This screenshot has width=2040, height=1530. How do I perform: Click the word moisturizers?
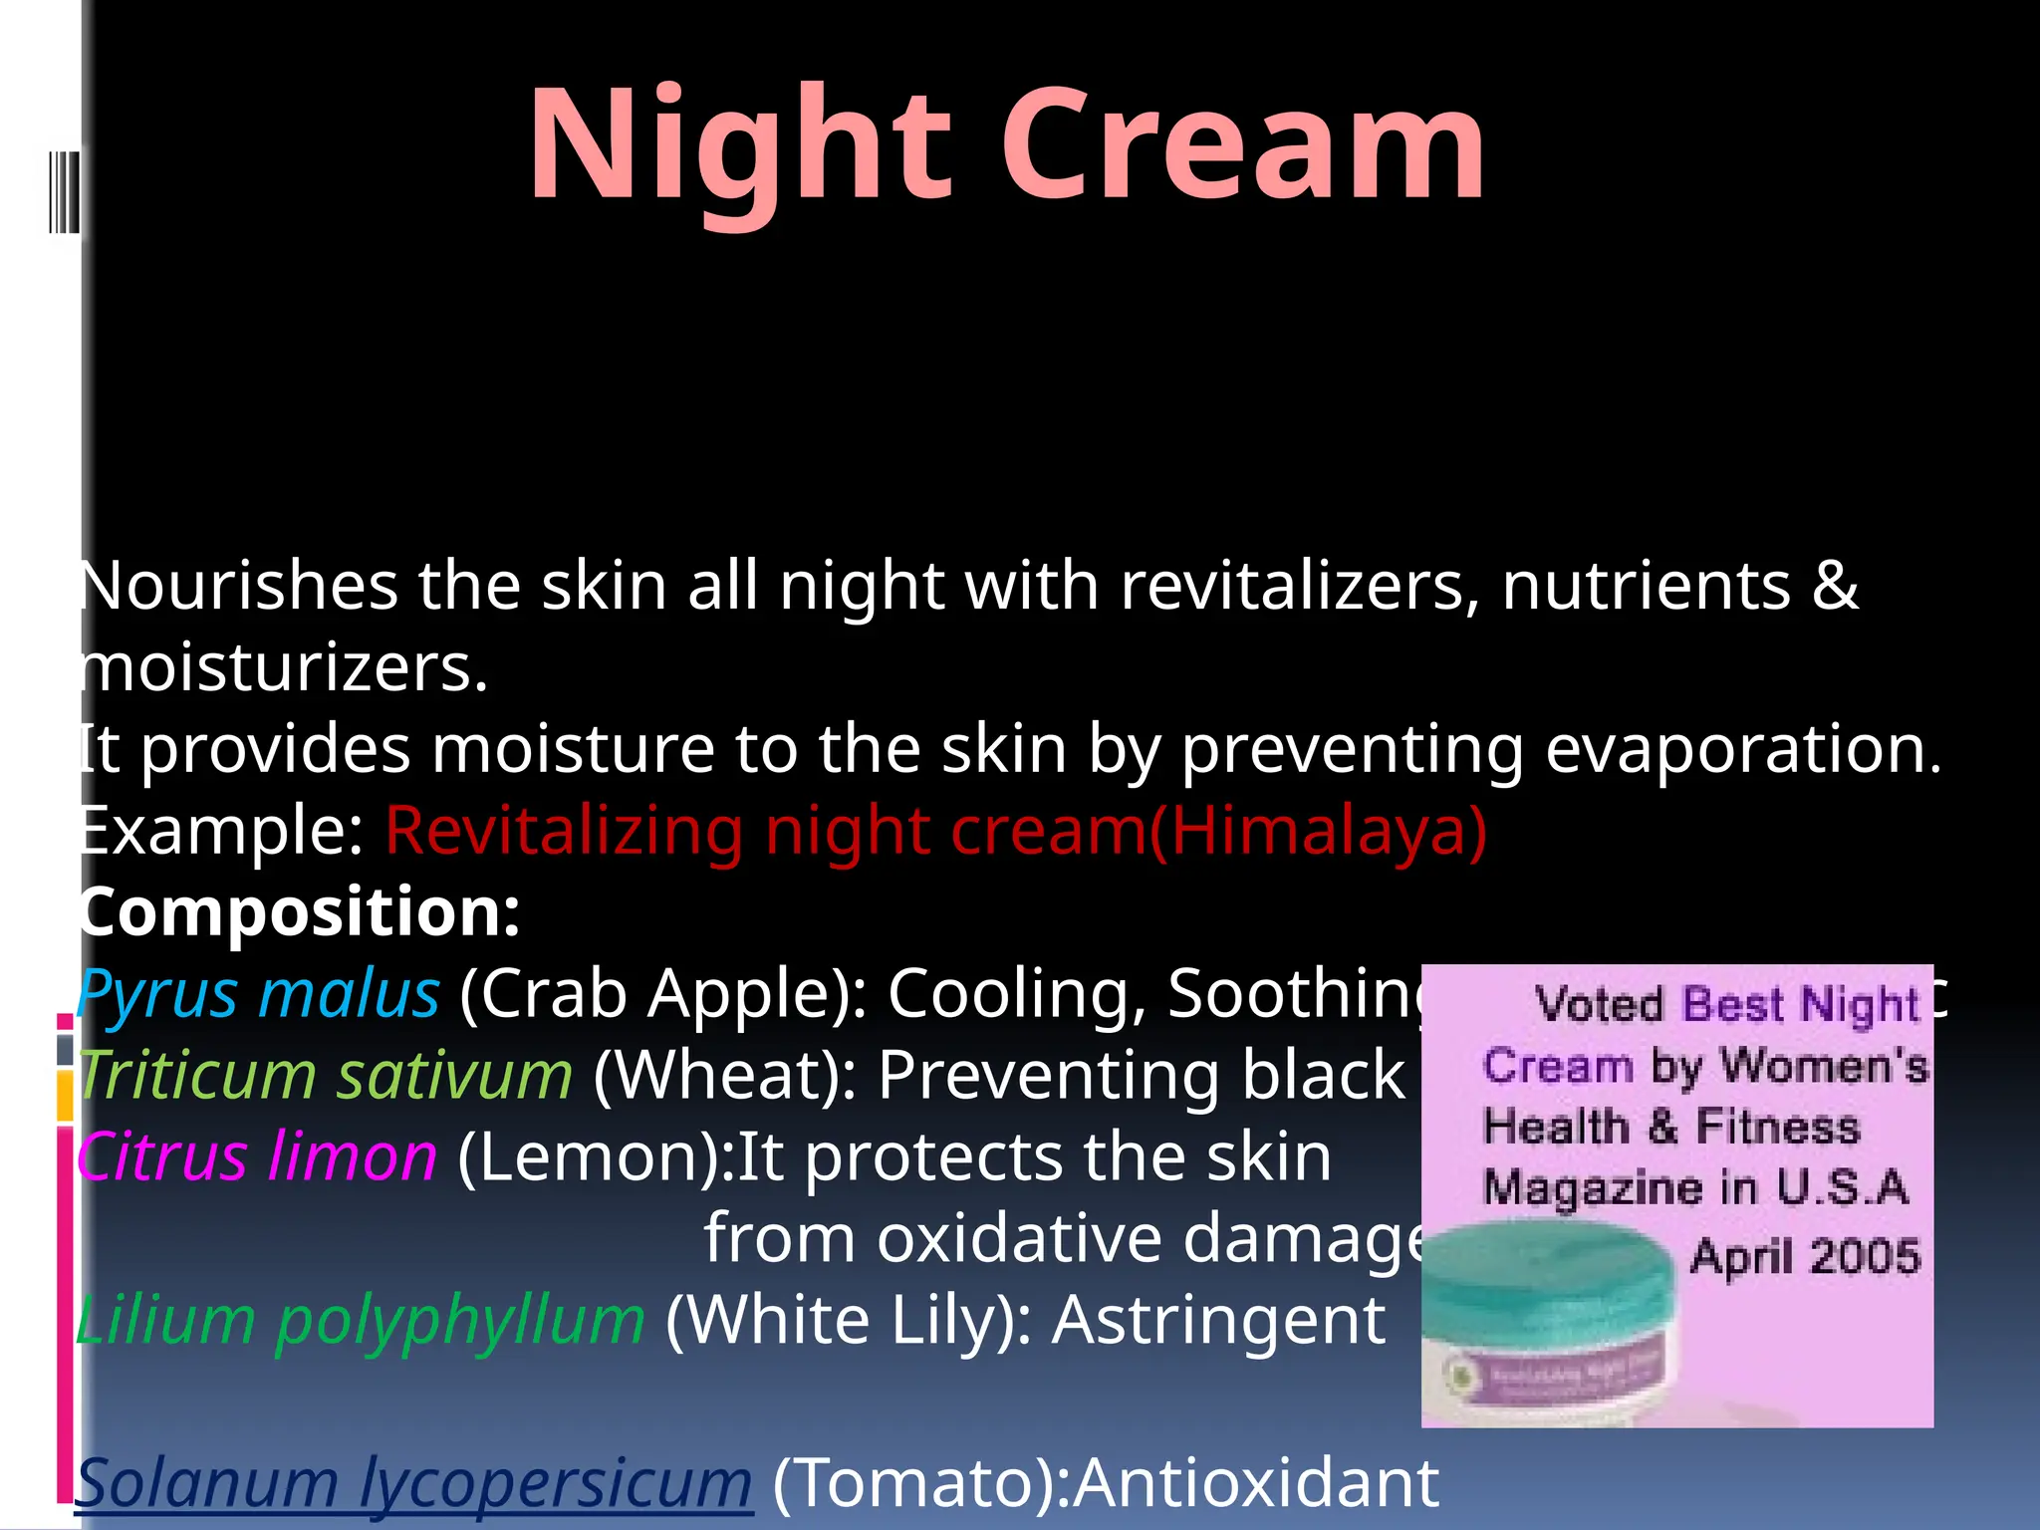coord(283,668)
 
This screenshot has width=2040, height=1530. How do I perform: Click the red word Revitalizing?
coord(563,831)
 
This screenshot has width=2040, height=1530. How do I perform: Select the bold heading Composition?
coord(299,912)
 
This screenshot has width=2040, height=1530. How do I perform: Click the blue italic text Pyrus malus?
coord(258,994)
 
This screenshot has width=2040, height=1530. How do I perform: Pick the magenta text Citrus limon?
coord(257,1157)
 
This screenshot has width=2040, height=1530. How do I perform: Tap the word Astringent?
coord(1218,1321)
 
